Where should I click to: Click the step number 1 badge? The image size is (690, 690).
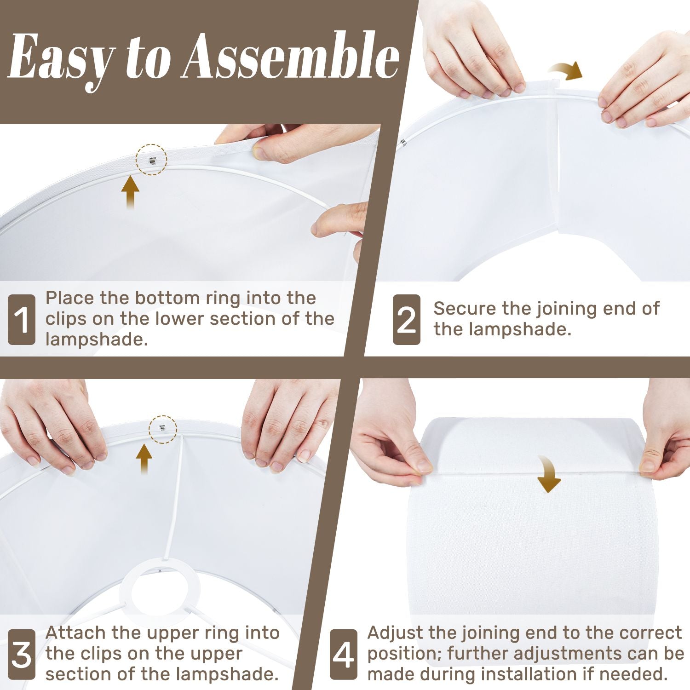click(x=22, y=320)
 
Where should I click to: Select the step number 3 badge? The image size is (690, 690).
click(x=22, y=655)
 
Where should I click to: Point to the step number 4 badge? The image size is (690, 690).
click(x=343, y=655)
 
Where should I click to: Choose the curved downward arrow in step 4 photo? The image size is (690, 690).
click(x=548, y=474)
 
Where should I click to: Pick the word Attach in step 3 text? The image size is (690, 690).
click(x=75, y=633)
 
